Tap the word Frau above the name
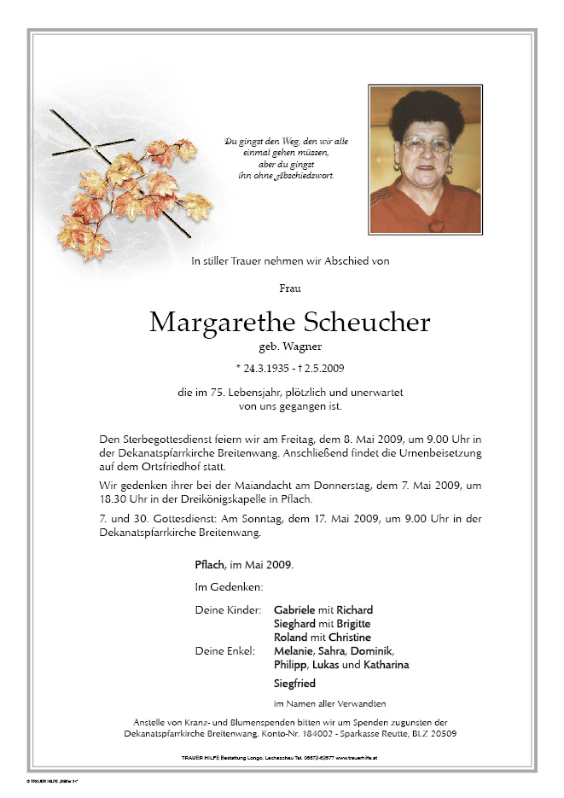pos(290,288)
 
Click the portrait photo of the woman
pos(425,160)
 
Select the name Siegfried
pos(294,684)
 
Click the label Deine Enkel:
pos(224,651)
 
